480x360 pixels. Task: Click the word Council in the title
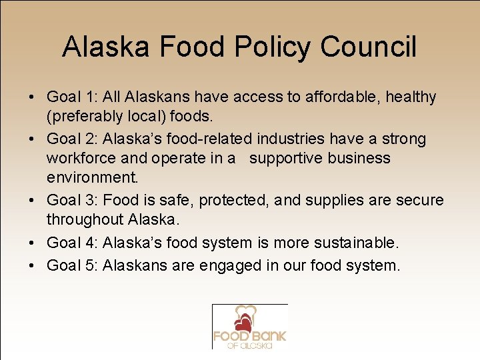pyautogui.click(x=369, y=47)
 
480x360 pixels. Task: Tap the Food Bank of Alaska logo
pyautogui.click(x=249, y=327)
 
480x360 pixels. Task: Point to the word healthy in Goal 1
pyautogui.click(x=412, y=97)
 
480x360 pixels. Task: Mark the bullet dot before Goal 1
pyautogui.click(x=32, y=97)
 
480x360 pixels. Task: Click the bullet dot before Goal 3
pyautogui.click(x=32, y=201)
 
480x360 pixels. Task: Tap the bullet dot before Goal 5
pyautogui.click(x=32, y=265)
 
